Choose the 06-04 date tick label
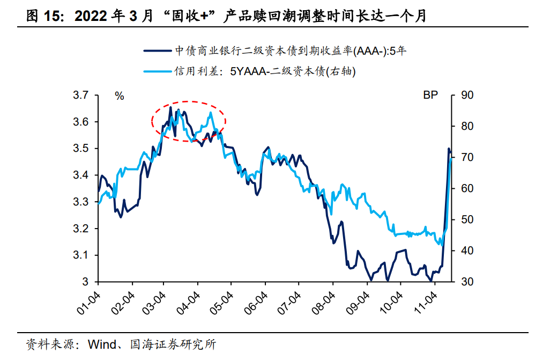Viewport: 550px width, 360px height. pyautogui.click(x=257, y=303)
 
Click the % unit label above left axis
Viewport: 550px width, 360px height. pyautogui.click(x=119, y=96)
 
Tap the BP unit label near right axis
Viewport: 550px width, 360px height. pyautogui.click(x=430, y=95)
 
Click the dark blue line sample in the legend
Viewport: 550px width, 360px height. pyautogui.click(x=158, y=50)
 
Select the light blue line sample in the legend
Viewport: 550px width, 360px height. pyautogui.click(x=158, y=70)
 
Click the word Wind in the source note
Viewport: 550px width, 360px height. pyautogui.click(x=100, y=343)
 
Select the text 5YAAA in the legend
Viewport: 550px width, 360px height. pyautogui.click(x=247, y=70)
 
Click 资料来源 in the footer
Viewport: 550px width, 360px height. pyautogui.click(x=48, y=343)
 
